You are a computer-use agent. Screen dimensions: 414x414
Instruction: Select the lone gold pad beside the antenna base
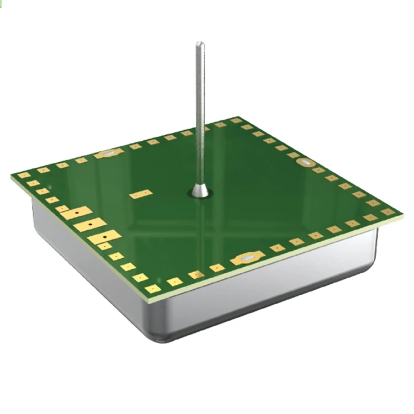pos(141,194)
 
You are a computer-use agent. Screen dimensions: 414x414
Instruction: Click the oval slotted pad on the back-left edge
pos(108,153)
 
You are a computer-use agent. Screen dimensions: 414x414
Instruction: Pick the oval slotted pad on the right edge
pos(305,162)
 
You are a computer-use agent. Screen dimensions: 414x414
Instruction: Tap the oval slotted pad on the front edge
pos(247,258)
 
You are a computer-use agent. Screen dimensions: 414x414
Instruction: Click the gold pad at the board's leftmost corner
pos(24,175)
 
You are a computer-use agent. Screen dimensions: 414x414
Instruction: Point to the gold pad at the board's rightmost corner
pos(388,211)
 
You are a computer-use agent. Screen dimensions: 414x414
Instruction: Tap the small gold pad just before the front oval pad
pos(217,268)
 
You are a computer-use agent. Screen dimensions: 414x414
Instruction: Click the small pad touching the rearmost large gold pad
pos(63,209)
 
